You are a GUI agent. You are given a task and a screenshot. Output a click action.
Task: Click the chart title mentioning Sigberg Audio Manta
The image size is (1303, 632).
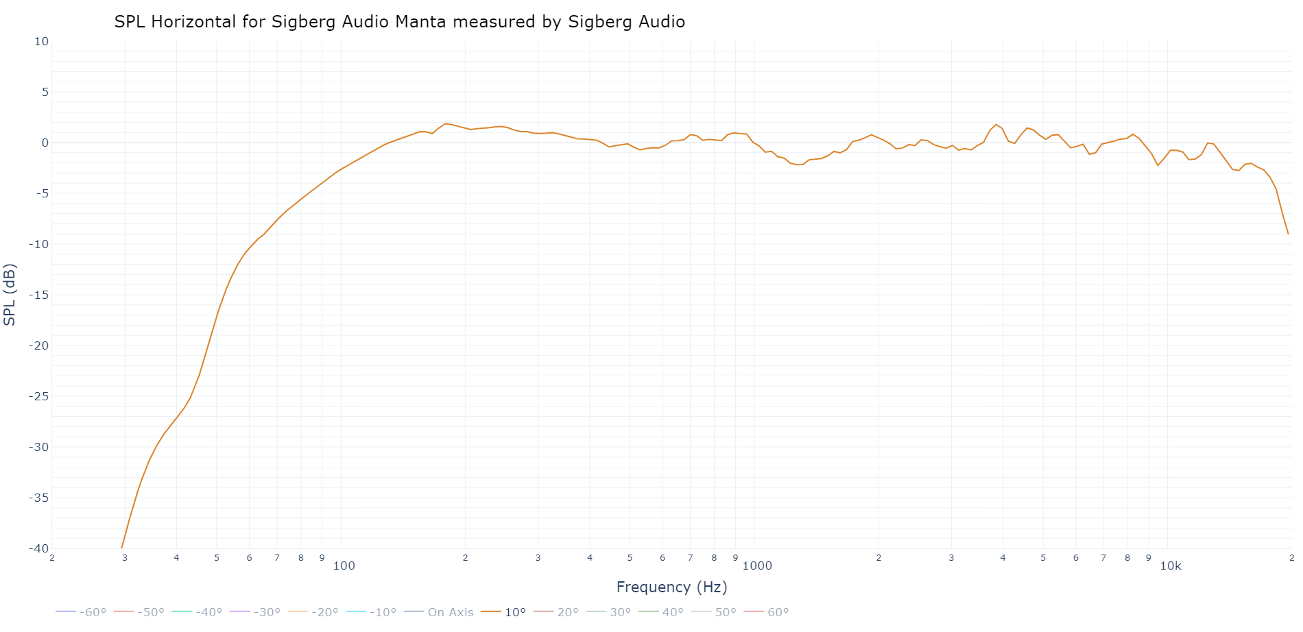coord(399,22)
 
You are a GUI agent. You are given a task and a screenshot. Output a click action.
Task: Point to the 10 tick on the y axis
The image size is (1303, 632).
coord(42,41)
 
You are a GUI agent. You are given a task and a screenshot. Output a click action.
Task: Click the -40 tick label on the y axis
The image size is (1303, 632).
coord(38,548)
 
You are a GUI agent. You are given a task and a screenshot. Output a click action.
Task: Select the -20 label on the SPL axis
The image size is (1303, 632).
coord(38,345)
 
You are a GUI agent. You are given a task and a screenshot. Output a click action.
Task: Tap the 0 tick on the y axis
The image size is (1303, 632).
coord(45,143)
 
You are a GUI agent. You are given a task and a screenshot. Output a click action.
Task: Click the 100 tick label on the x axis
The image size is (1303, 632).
coord(344,566)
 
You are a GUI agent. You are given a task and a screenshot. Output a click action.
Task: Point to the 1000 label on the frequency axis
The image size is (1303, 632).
coord(757,566)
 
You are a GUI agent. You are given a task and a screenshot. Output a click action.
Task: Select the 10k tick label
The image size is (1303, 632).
coord(1171,566)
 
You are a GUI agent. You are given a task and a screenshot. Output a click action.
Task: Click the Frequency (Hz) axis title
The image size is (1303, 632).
coord(671,587)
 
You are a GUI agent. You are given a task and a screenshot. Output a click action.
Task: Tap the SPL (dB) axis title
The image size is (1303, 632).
coord(10,295)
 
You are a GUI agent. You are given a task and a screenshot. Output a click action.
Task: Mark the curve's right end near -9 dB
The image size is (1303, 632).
coord(1288,234)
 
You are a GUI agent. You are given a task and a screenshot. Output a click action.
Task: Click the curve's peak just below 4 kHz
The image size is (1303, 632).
coord(996,125)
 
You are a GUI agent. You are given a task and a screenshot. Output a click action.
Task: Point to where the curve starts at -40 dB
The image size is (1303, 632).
coord(122,548)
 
